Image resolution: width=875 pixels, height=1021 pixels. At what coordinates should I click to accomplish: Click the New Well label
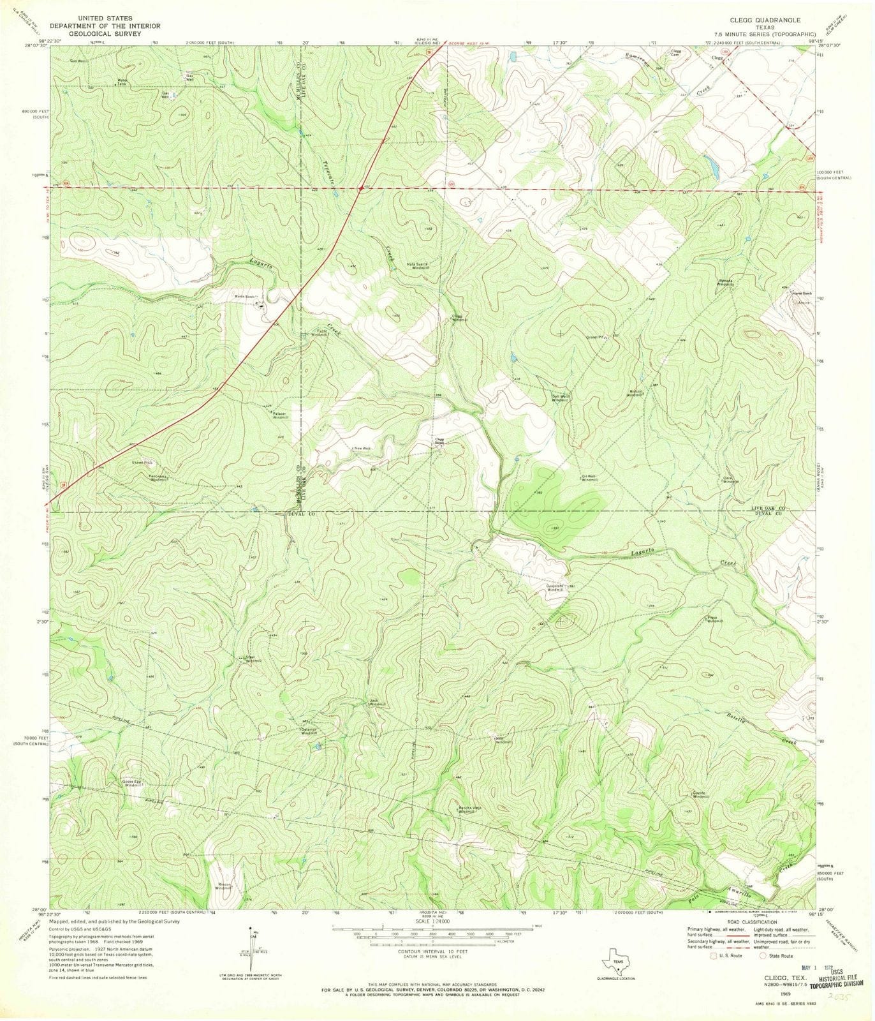tap(362, 449)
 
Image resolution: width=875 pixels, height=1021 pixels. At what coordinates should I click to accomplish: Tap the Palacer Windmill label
tap(281, 415)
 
